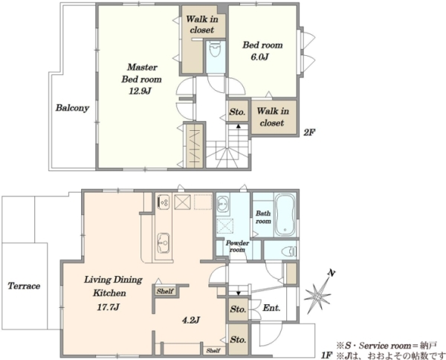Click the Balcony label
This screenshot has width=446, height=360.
[x=72, y=108]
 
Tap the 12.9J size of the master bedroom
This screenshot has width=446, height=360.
[x=140, y=91]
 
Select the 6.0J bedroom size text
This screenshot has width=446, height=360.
[x=259, y=57]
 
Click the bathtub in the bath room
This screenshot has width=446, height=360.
[x=285, y=215]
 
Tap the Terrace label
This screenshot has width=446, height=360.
[x=25, y=286]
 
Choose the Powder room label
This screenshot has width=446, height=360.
[x=237, y=246]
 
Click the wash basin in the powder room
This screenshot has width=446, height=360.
[x=223, y=203]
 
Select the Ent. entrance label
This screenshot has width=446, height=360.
[x=271, y=308]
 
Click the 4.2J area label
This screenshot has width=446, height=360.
[x=190, y=320]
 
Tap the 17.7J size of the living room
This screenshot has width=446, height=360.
[x=108, y=307]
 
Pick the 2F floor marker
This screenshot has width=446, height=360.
[x=309, y=132]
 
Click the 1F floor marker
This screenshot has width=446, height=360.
[x=327, y=355]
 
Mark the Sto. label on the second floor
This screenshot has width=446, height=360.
[x=237, y=112]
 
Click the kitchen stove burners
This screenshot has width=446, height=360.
[x=164, y=202]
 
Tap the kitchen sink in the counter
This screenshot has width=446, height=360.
[x=164, y=242]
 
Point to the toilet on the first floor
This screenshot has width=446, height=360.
[x=288, y=251]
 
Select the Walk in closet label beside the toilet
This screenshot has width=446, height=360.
[x=202, y=25]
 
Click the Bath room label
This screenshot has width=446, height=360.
[x=263, y=217]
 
